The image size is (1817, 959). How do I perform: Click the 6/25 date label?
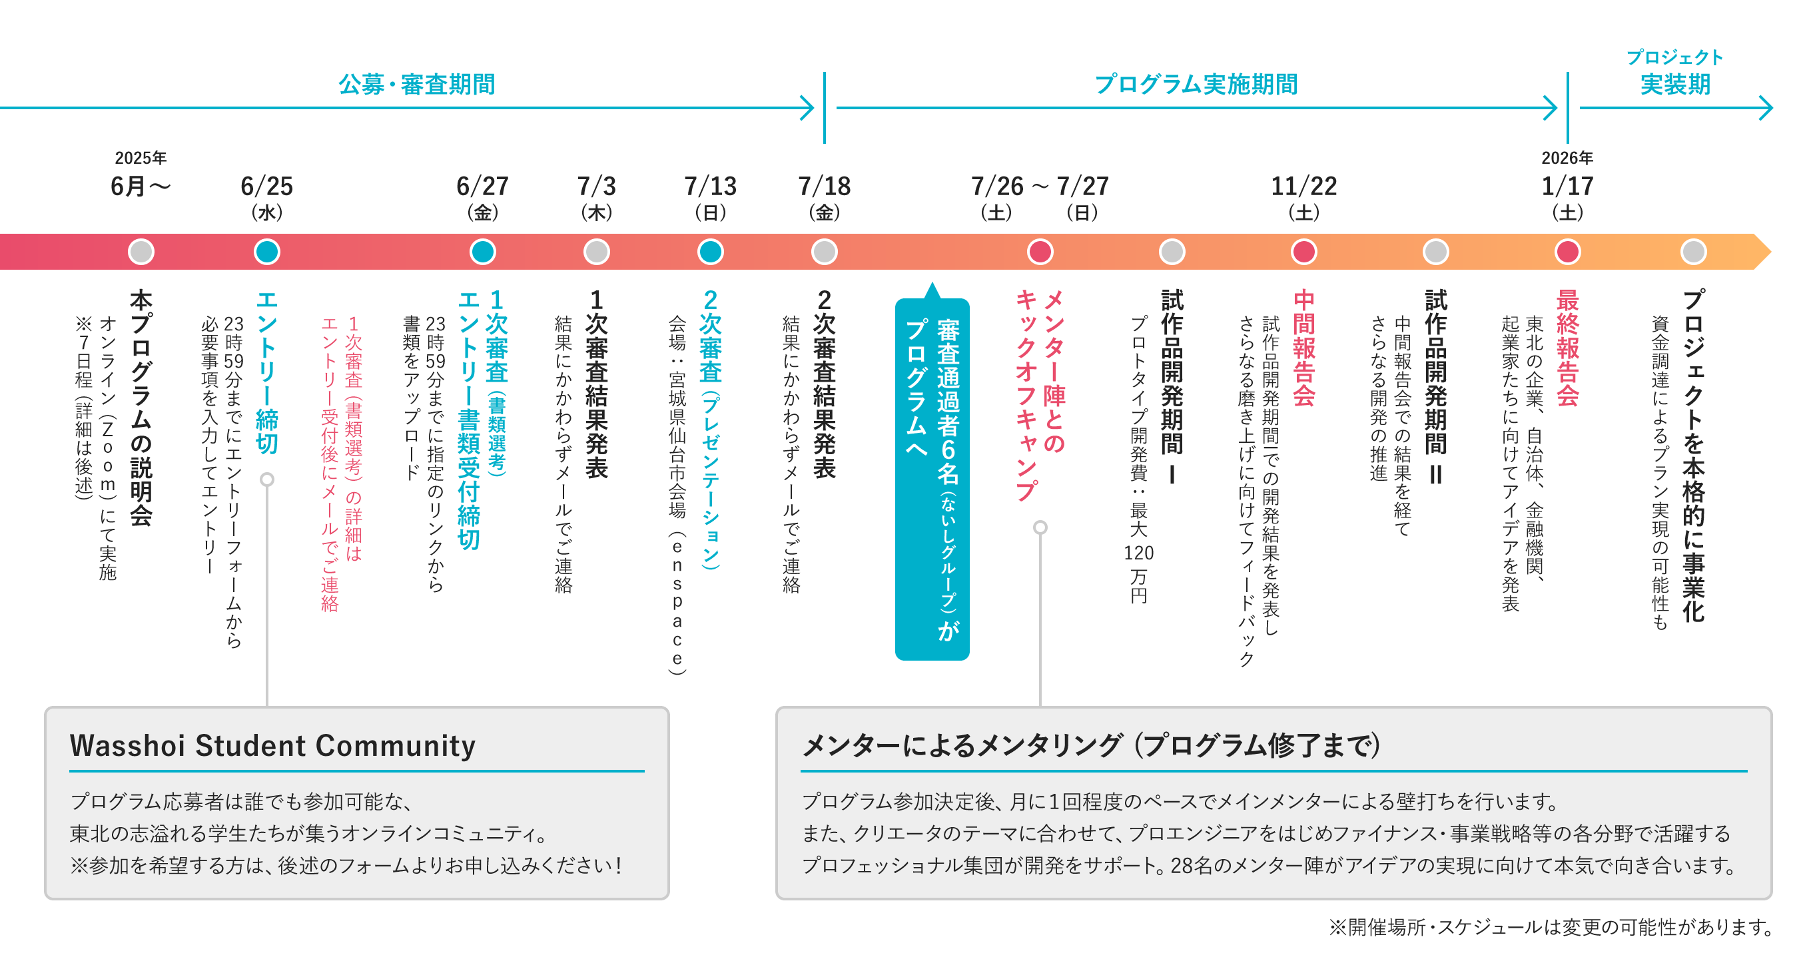click(266, 186)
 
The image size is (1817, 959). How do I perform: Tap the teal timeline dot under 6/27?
click(482, 252)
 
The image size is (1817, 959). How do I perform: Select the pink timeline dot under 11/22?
click(1303, 252)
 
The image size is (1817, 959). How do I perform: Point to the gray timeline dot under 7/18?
click(824, 252)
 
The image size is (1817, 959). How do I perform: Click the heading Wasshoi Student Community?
click(272, 745)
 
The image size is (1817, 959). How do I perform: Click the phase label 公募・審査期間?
click(416, 85)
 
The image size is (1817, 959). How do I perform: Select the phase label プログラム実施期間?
click(1196, 85)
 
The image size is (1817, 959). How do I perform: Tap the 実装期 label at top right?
click(1675, 85)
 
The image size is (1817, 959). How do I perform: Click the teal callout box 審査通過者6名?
click(932, 479)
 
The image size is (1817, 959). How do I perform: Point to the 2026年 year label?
click(1567, 158)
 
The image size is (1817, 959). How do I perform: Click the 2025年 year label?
click(141, 158)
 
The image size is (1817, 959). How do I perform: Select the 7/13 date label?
click(710, 186)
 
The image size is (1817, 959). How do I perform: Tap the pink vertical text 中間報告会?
click(1303, 348)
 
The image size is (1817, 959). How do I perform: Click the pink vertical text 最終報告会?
click(1567, 348)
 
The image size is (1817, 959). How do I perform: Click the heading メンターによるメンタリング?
click(1090, 745)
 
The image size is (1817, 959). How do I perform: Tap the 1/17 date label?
click(1567, 186)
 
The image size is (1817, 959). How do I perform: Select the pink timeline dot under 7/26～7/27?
click(1040, 252)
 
